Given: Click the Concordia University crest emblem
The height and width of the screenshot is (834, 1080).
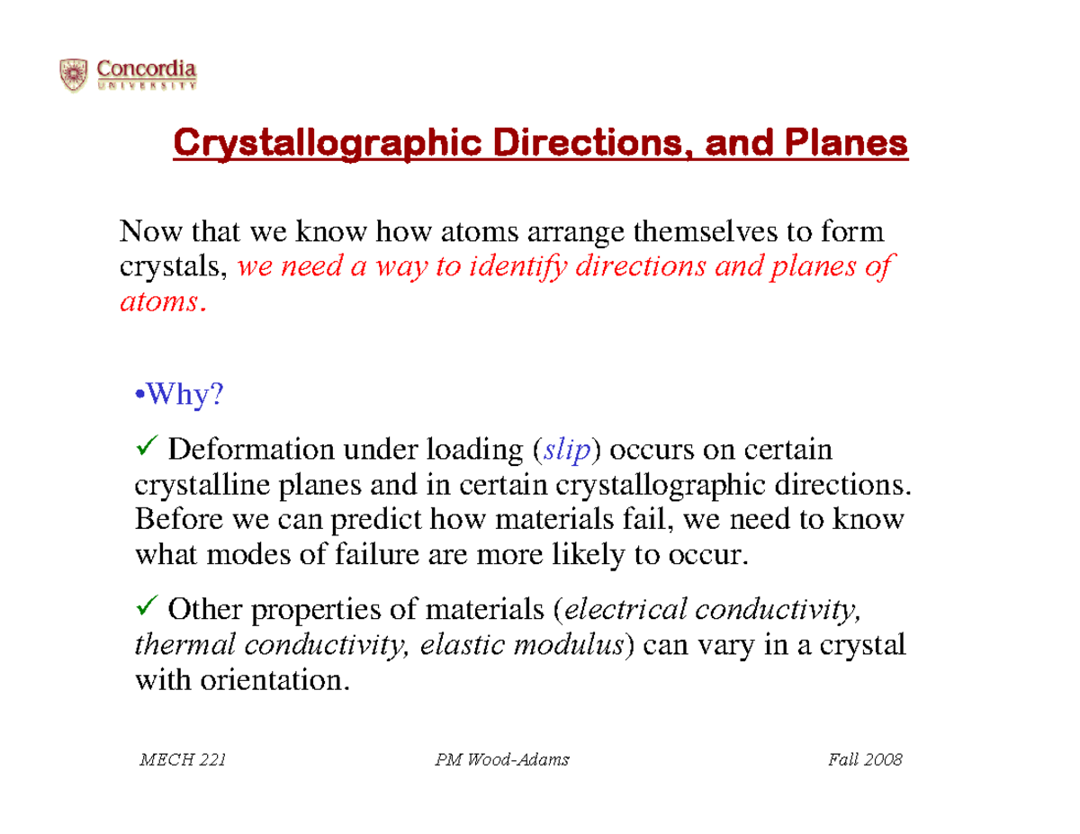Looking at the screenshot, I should (74, 75).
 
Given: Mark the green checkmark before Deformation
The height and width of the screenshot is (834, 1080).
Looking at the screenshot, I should (149, 446).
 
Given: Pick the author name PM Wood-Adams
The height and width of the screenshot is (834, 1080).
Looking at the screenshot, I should (501, 761).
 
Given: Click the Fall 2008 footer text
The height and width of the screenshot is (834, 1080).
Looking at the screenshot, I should (864, 761).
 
